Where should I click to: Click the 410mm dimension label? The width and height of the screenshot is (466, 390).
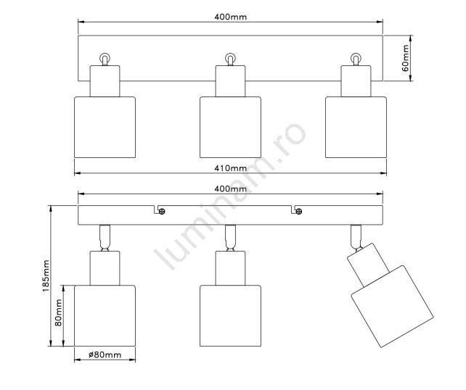(231, 168)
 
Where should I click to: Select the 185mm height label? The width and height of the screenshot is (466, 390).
(46, 275)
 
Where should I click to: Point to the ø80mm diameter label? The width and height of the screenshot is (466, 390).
(105, 354)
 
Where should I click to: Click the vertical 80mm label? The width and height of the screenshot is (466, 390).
(59, 313)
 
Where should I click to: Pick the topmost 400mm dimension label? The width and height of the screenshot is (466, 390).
(231, 17)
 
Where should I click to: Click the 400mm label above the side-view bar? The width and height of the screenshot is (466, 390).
(231, 188)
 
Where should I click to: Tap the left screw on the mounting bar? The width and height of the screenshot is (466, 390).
(162, 212)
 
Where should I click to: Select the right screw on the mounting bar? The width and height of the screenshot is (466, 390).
(299, 212)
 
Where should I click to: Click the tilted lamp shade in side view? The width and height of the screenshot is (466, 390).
(392, 307)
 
